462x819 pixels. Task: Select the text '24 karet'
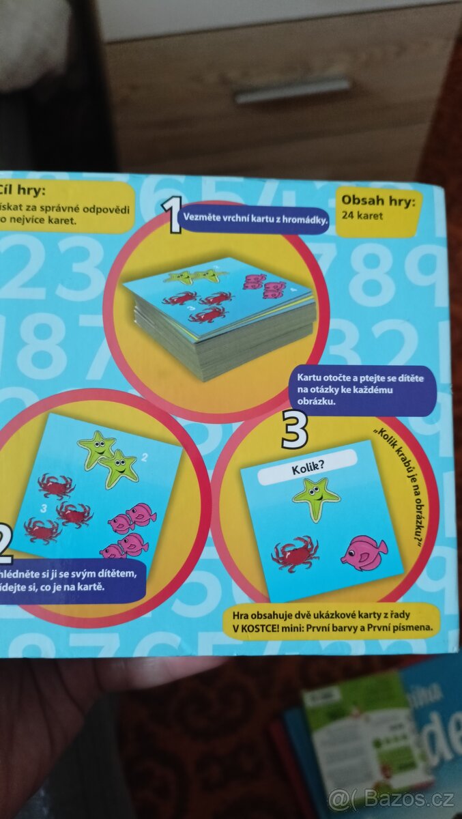pyautogui.click(x=363, y=216)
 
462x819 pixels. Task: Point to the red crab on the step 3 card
pyautogui.click(x=295, y=553)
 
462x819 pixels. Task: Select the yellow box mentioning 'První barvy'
pyautogui.click(x=333, y=620)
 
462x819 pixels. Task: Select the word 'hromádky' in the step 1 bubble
pyautogui.click(x=306, y=220)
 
